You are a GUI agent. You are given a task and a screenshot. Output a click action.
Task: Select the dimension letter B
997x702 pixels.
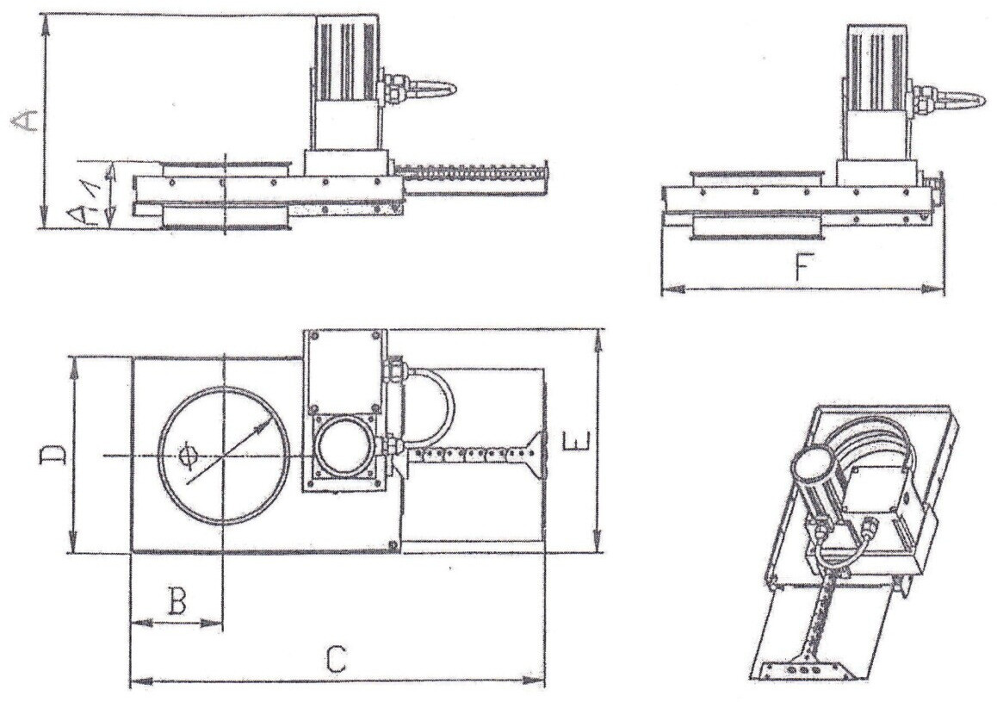[x=176, y=600]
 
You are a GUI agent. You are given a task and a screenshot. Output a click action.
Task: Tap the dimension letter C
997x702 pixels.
[x=337, y=659]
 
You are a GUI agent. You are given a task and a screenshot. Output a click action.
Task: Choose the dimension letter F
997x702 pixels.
[x=800, y=270]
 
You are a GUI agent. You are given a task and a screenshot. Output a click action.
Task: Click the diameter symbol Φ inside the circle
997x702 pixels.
[x=185, y=454]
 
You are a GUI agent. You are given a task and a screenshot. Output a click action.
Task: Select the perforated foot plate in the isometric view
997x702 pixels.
[x=801, y=667]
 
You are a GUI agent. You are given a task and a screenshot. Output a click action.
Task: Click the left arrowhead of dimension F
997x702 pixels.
[x=668, y=289]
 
